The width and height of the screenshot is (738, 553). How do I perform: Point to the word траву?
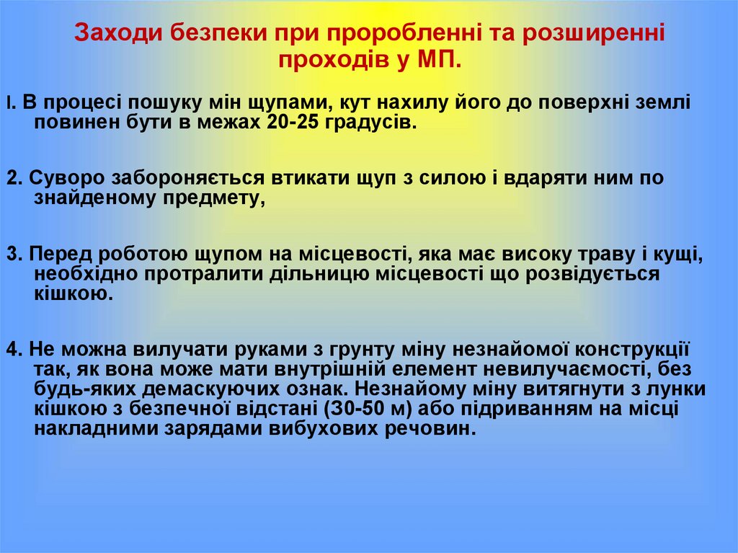[x=615, y=255]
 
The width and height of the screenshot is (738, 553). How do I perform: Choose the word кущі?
[x=680, y=255]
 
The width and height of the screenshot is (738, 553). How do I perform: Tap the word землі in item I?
[x=662, y=102]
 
